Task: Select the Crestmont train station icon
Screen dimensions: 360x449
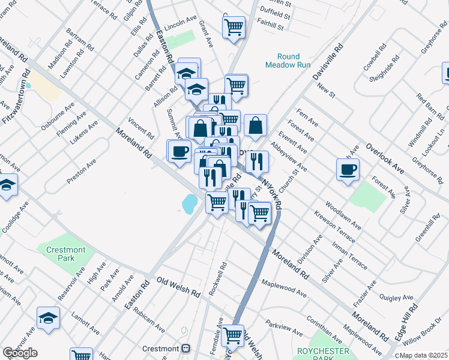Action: [x=185, y=349]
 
